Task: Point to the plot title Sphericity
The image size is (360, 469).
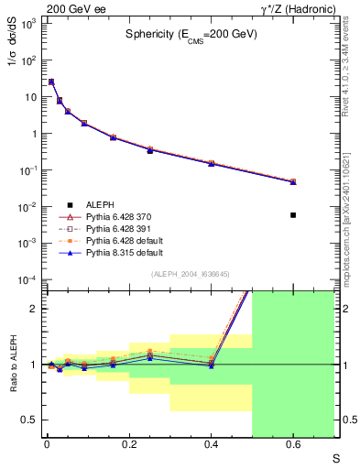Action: coord(191,33)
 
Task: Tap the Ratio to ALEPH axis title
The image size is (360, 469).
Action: coord(13,364)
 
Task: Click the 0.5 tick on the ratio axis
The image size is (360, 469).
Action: coord(30,420)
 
